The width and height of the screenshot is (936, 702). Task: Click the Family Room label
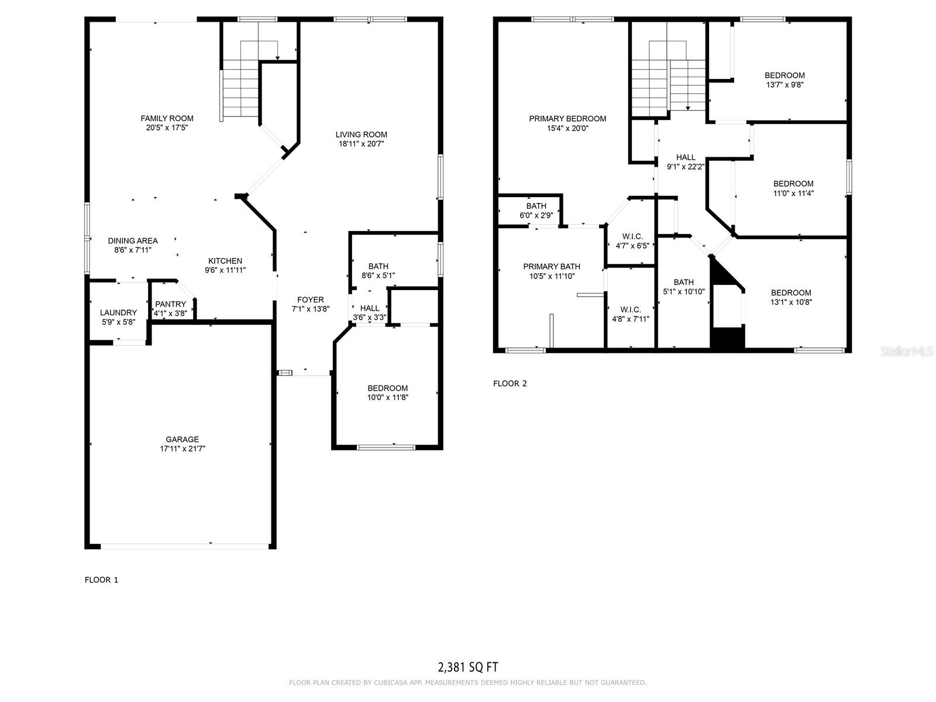pos(167,118)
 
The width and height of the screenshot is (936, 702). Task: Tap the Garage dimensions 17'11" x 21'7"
pos(182,449)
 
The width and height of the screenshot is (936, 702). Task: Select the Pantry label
pos(170,304)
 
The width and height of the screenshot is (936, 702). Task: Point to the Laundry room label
pos(118,313)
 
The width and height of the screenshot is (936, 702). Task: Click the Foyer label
pos(310,300)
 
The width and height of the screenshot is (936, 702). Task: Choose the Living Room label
pos(361,135)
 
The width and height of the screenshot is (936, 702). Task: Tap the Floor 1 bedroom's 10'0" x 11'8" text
pos(387,398)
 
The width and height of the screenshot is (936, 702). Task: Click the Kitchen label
pos(225,261)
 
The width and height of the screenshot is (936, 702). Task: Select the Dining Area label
pos(133,240)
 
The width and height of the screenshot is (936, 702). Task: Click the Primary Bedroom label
pos(567,119)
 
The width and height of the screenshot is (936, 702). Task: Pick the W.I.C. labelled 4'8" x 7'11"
pos(630,314)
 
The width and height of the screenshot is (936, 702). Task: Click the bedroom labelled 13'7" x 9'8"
pos(784,80)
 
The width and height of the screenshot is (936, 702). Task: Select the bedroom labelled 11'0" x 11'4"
pos(793,188)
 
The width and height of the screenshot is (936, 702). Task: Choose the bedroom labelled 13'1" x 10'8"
pos(791,297)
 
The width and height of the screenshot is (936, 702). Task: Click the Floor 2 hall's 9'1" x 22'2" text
pos(686,166)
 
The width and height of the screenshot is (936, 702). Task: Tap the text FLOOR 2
pos(510,384)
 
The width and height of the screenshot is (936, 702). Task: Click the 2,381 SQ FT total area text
pos(468,667)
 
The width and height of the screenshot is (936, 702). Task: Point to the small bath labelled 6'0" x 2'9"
pos(536,211)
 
